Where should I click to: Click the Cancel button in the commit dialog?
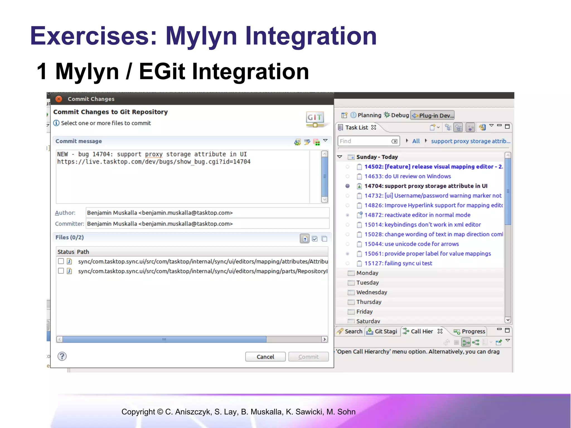point(265,357)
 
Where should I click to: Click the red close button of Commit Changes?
point(59,99)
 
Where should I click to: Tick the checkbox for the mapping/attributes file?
point(61,261)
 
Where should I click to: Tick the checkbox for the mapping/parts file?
point(61,271)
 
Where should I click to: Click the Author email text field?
point(207,213)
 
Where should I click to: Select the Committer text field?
point(207,224)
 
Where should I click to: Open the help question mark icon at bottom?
point(62,356)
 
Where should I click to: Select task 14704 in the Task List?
point(426,186)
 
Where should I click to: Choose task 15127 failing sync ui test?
point(398,263)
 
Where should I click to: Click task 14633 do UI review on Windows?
point(407,176)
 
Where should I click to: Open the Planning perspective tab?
point(366,115)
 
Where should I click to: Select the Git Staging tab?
point(382,331)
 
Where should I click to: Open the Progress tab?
point(470,331)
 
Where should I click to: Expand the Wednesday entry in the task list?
point(371,292)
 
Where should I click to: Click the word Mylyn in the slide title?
point(201,36)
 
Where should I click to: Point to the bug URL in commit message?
point(154,162)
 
